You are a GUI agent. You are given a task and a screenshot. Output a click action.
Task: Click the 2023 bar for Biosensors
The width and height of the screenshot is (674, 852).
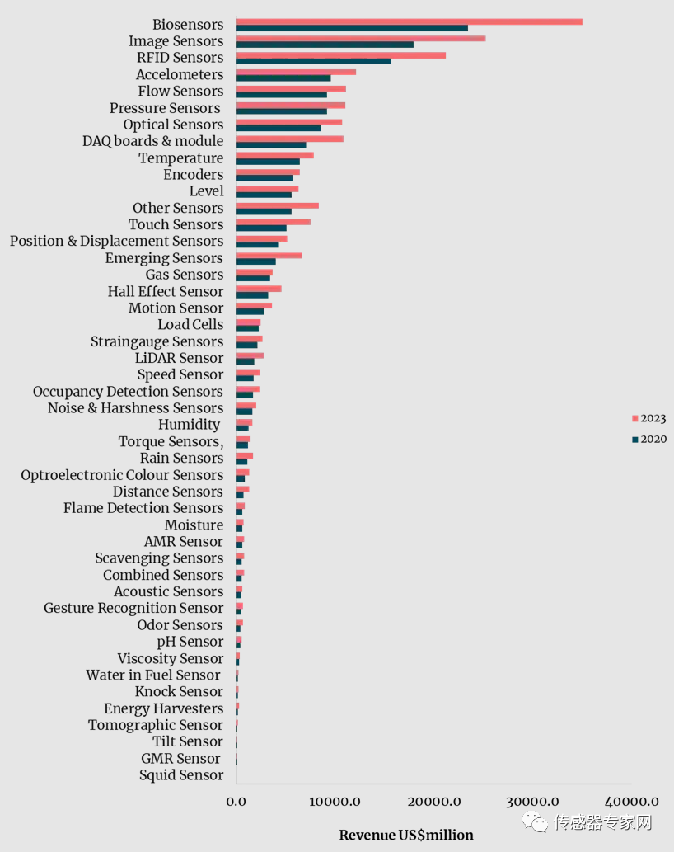409,21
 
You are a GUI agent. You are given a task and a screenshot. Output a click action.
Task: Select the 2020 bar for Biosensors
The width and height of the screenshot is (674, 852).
352,28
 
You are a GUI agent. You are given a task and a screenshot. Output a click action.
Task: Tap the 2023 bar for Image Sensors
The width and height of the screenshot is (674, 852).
360,38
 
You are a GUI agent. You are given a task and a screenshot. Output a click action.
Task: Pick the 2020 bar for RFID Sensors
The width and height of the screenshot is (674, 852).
313,61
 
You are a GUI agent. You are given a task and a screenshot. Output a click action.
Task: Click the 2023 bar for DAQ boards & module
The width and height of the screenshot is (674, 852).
289,139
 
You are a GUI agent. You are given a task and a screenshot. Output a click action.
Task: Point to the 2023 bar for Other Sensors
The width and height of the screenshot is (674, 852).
277,205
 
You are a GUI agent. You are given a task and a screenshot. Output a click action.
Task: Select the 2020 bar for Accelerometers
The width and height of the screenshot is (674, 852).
283,78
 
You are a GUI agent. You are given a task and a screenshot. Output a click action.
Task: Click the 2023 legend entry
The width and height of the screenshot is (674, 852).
649,419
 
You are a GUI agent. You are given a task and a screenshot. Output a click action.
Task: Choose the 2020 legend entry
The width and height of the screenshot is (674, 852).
649,440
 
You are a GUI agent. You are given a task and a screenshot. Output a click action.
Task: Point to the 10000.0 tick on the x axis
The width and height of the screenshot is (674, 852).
335,801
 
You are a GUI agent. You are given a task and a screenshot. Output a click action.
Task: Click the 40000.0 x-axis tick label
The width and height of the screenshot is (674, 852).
631,801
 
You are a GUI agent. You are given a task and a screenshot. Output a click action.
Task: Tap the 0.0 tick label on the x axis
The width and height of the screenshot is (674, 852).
236,801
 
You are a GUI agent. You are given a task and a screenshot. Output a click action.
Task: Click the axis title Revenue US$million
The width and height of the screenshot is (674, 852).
406,836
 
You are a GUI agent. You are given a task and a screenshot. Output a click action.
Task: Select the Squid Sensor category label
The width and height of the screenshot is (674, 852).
181,775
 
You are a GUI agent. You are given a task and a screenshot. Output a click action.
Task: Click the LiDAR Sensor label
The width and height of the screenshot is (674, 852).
179,358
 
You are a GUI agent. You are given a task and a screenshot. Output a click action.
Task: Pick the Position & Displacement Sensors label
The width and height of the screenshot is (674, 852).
116,241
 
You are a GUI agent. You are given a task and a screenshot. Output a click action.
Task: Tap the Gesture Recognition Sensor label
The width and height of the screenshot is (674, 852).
133,608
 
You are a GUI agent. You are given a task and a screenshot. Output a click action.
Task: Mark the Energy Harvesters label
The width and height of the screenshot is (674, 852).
163,708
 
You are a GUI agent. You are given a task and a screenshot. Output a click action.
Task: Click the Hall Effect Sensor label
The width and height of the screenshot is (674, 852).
165,291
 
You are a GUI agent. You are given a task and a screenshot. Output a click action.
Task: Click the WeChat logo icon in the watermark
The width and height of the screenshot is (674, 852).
537,822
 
